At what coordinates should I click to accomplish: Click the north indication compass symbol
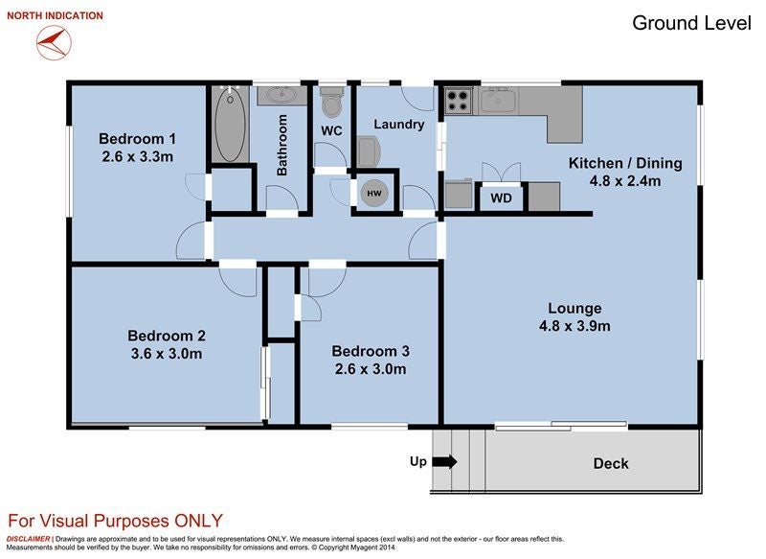click(54, 42)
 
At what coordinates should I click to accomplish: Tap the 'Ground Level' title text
click(691, 23)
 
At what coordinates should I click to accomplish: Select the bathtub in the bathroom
click(230, 125)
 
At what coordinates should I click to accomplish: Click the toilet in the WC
click(332, 101)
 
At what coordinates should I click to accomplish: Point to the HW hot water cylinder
click(374, 193)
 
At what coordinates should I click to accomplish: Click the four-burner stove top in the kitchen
click(459, 102)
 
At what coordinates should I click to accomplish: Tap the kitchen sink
click(498, 101)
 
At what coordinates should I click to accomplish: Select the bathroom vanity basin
click(282, 94)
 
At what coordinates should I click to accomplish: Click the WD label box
click(501, 198)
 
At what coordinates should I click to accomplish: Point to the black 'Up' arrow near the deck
click(444, 461)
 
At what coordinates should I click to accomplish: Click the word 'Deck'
click(611, 464)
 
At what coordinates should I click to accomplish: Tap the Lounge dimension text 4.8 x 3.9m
click(574, 326)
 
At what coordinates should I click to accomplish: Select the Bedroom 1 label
click(137, 139)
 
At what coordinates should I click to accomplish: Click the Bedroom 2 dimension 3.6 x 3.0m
click(167, 354)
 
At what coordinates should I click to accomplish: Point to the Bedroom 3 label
click(371, 351)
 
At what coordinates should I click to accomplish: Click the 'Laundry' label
click(399, 125)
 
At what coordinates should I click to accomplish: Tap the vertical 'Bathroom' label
click(282, 145)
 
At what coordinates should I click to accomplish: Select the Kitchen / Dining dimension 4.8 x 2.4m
click(625, 181)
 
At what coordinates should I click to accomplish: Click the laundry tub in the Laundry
click(369, 151)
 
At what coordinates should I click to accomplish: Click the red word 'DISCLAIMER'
click(28, 539)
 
